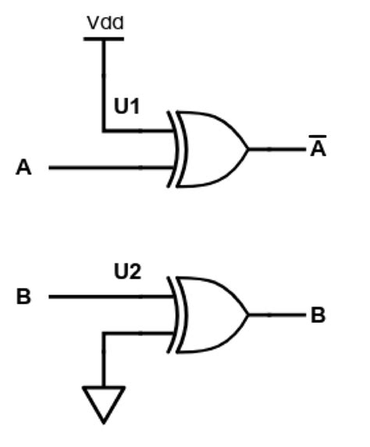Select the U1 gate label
tap(126, 106)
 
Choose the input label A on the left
tap(24, 168)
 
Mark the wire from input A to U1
tap(109, 167)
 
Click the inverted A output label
tap(318, 149)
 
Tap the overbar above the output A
tap(318, 138)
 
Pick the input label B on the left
tap(24, 297)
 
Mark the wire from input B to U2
tap(109, 296)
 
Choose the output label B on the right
tap(318, 316)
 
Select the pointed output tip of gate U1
tap(247, 148)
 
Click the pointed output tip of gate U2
tap(247, 315)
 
